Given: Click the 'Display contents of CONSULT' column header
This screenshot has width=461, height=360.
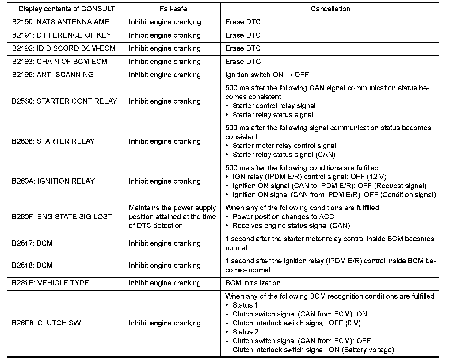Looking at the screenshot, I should click(x=67, y=9).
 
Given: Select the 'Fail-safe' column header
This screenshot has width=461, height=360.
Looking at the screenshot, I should click(x=173, y=9).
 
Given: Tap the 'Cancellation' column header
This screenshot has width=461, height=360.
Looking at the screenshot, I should click(x=330, y=9).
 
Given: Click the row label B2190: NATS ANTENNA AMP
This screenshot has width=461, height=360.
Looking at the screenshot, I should click(x=61, y=22).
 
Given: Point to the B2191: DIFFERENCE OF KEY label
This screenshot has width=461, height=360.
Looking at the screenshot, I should click(x=61, y=35).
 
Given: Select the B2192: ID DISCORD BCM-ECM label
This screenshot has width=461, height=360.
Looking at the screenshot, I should click(x=63, y=48).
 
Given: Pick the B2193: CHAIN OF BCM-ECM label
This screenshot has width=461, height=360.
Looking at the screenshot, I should click(x=59, y=62).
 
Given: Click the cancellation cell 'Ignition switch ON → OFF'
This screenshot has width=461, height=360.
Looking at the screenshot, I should click(x=267, y=75).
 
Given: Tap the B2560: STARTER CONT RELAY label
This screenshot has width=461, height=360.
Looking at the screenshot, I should click(x=64, y=101).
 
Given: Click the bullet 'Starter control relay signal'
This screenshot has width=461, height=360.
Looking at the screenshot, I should click(x=274, y=106).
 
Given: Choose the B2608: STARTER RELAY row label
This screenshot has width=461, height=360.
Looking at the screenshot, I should click(x=53, y=141).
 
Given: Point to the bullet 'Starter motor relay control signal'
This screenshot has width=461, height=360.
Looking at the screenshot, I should click(x=284, y=146).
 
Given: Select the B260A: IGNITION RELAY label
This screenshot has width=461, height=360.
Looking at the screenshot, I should click(x=53, y=181).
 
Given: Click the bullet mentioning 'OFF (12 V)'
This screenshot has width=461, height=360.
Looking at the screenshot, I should click(x=309, y=177).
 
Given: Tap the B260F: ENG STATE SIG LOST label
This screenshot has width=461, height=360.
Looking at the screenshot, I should click(x=62, y=217).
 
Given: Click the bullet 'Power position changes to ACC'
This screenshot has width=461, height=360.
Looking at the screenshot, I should click(x=283, y=217).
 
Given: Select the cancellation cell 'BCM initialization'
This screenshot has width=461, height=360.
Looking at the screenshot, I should click(x=253, y=283).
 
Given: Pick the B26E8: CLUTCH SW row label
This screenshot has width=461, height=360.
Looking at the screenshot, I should click(x=46, y=323).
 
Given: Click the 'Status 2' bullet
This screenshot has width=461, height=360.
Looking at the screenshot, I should click(x=246, y=332).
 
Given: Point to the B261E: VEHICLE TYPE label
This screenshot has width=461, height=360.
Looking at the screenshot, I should click(x=50, y=283).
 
